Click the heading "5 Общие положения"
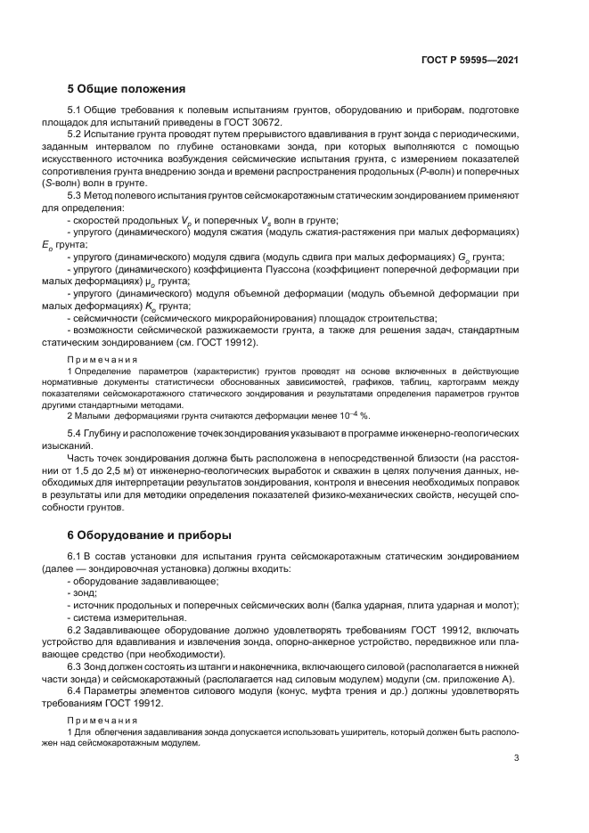click(x=126, y=89)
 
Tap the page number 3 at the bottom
click(x=516, y=758)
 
